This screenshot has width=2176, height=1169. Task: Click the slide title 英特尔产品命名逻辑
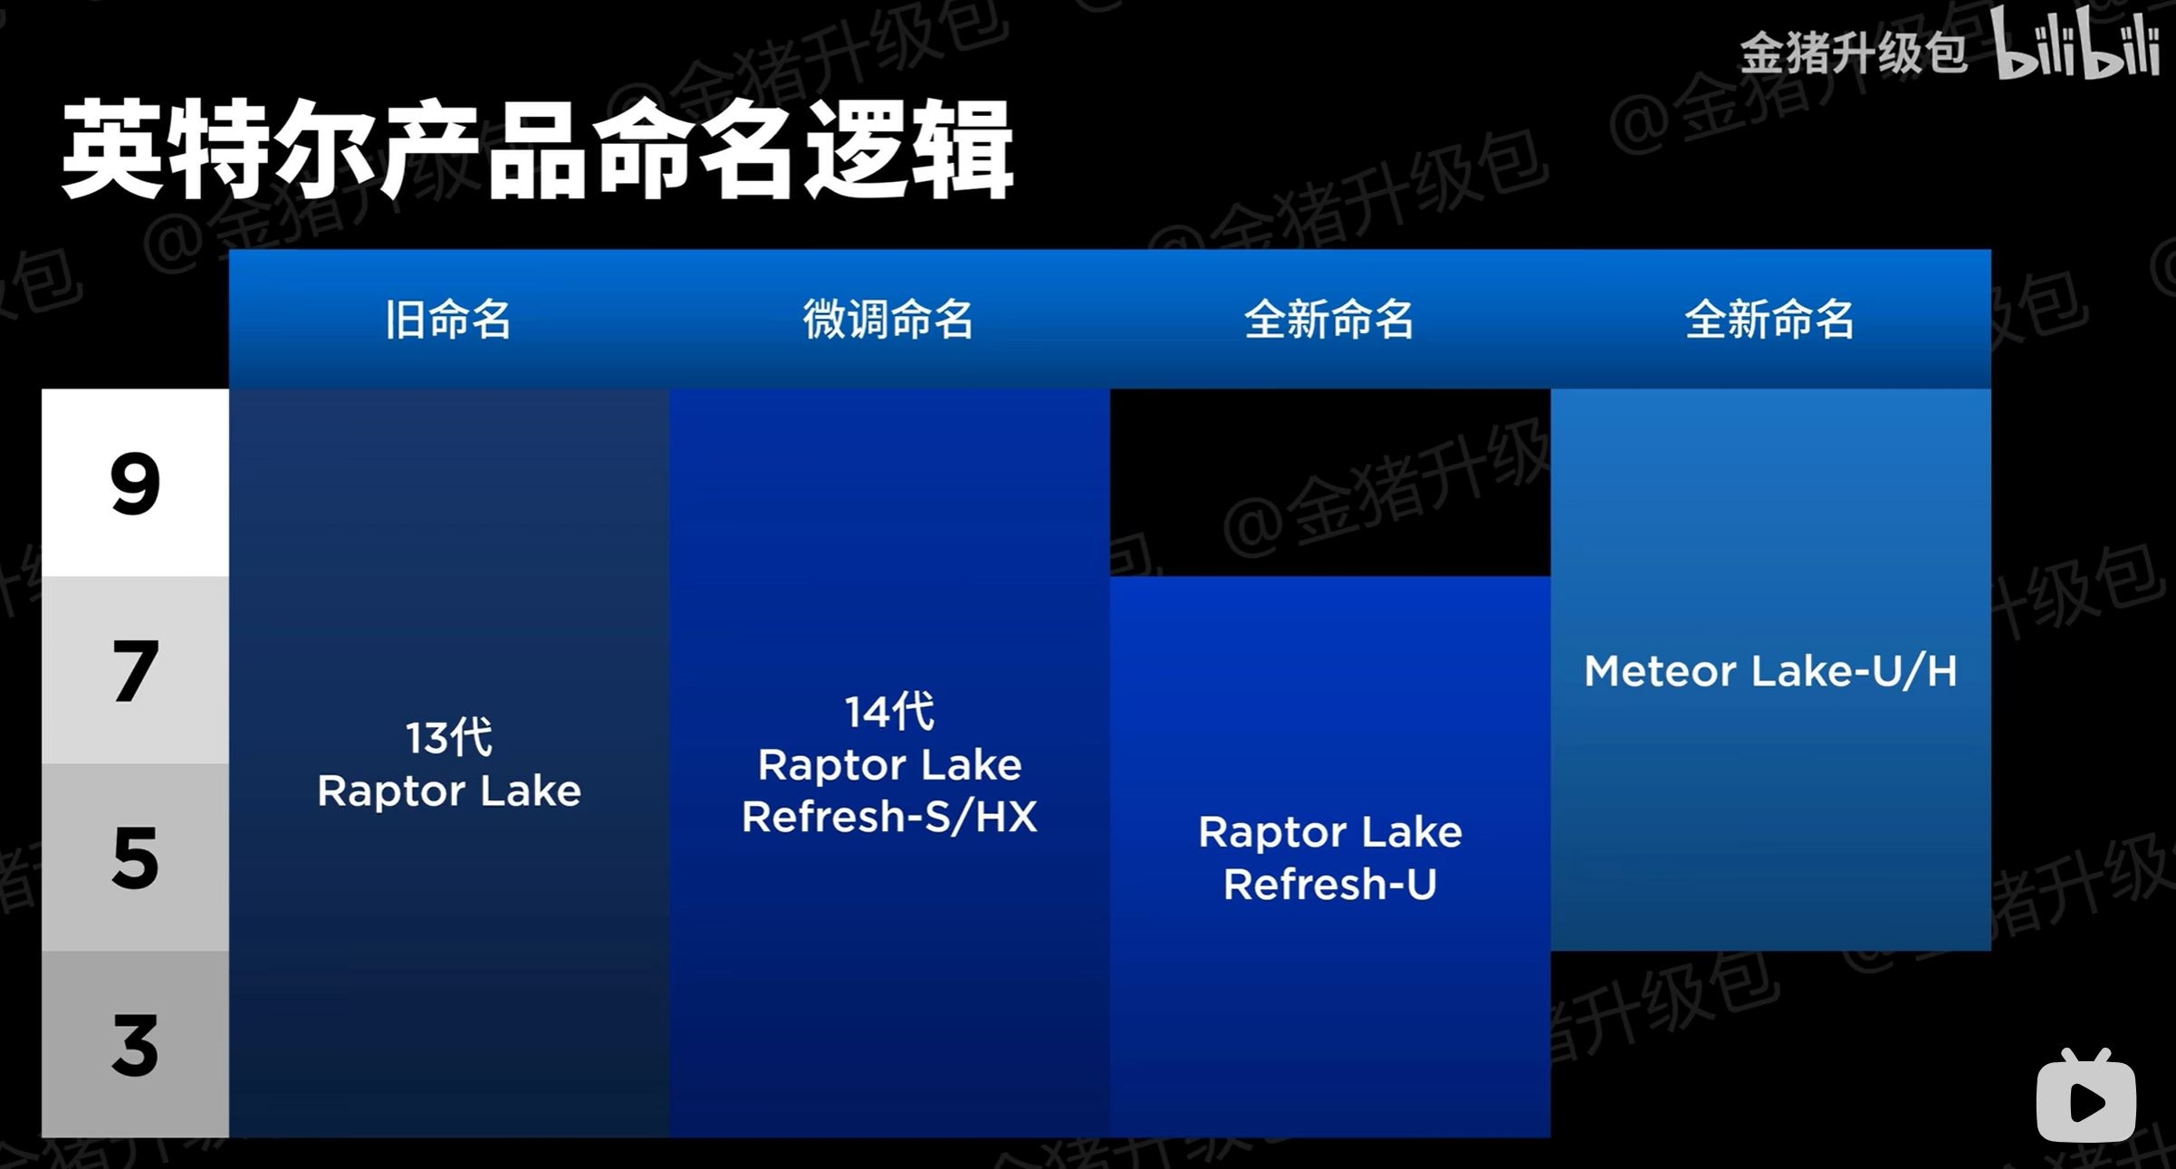point(537,149)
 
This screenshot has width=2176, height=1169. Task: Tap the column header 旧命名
point(448,320)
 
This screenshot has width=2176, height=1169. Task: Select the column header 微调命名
point(888,320)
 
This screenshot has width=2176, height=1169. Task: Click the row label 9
point(135,484)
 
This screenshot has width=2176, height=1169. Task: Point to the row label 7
point(136,671)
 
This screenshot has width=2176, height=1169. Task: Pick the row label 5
point(136,858)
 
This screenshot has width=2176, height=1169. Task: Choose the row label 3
point(136,1046)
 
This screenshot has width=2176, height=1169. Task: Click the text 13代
point(449,737)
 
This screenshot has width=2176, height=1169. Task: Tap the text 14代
point(889,711)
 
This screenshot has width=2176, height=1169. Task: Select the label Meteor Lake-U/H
point(1770,671)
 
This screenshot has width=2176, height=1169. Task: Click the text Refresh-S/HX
point(889,816)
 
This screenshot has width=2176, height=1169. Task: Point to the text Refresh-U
point(1330,884)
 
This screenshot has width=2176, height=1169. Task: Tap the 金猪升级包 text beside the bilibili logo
point(1853,53)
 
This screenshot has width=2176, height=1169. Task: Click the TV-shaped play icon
point(2086,1096)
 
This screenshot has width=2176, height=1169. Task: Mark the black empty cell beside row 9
point(1330,483)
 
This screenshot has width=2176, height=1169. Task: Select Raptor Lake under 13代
point(449,791)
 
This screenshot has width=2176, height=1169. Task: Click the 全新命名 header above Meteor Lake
point(1769,320)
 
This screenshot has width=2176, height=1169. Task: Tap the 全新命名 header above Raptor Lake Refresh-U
point(1329,320)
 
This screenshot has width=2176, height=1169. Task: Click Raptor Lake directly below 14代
point(889,765)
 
